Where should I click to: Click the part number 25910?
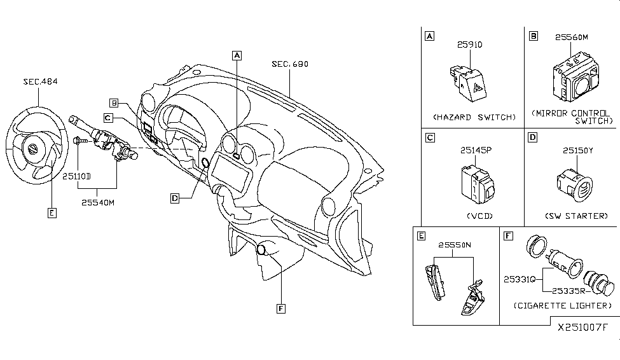(x=470, y=45)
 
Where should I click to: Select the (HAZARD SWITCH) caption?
(x=474, y=117)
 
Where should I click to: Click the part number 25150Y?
(x=577, y=151)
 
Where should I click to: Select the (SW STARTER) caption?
(x=577, y=216)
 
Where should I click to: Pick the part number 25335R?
(x=567, y=292)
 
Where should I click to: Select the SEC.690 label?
(x=289, y=64)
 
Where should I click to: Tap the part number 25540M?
(x=98, y=202)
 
